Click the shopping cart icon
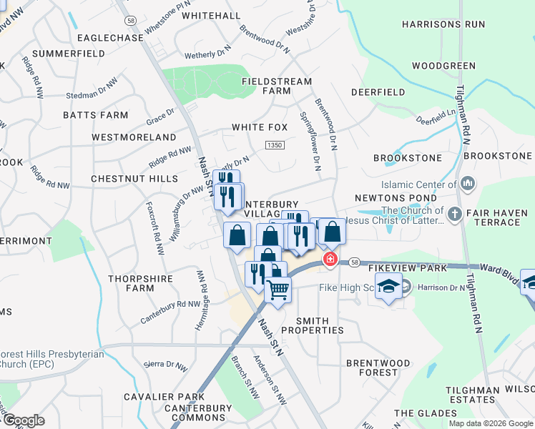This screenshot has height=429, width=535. pos(278,288)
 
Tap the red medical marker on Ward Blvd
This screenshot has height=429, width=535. pos(330,259)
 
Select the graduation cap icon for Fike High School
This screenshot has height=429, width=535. pos(388,287)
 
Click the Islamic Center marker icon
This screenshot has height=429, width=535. pos(468,184)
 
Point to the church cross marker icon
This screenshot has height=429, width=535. pos(453,214)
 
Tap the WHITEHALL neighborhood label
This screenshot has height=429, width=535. pos(211,15)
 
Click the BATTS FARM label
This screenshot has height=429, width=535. pos(95,114)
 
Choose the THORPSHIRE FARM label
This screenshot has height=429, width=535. pos(131,283)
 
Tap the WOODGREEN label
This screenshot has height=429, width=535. pos(443,66)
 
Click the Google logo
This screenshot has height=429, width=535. pos(23,420)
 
